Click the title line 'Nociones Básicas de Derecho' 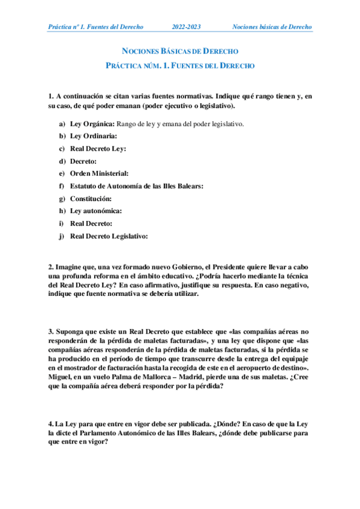coord(181,51)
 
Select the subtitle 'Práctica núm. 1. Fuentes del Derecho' coord(181,65)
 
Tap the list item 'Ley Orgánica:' coord(93,124)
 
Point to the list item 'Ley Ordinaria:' coord(94,136)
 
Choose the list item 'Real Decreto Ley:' coord(98,149)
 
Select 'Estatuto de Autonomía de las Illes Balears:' coord(137,186)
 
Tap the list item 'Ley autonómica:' coord(96,211)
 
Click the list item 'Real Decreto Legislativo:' coord(109,236)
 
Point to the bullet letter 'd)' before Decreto coord(62,161)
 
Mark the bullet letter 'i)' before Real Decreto coord(62,223)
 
